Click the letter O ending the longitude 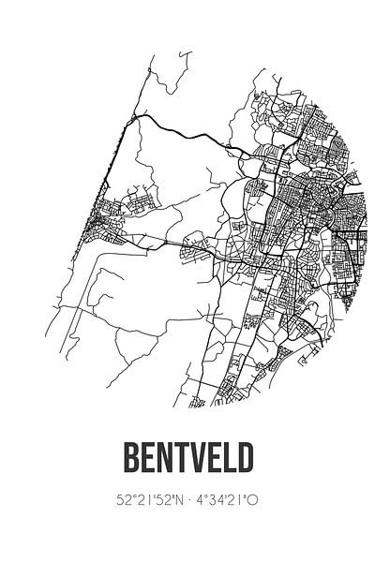pyautogui.click(x=254, y=501)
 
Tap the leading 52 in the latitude pyautogui.click(x=122, y=501)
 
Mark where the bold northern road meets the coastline pyautogui.click(x=133, y=115)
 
